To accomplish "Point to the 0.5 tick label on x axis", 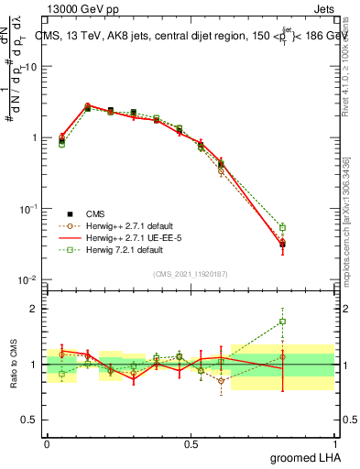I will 191,444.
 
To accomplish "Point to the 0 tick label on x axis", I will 47,444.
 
